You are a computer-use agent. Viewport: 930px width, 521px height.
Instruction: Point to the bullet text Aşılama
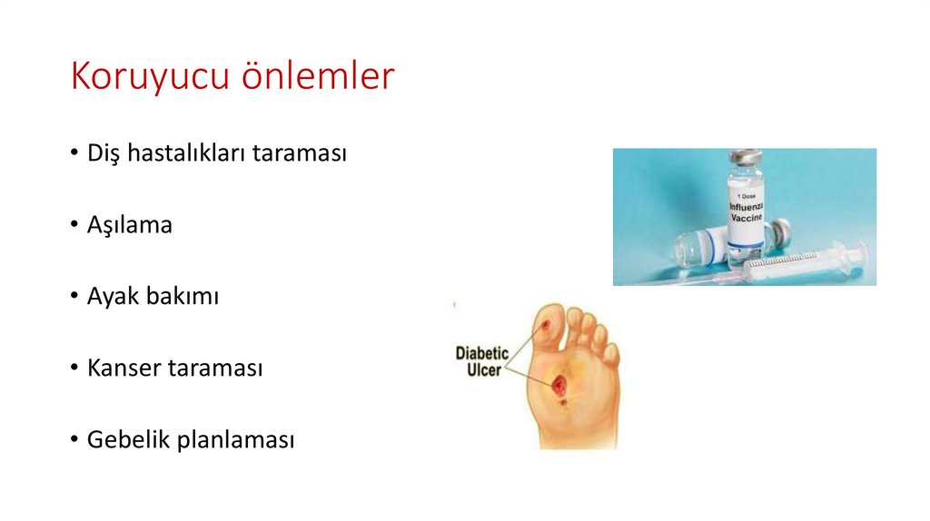coord(129,225)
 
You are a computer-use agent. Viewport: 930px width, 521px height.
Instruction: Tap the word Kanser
coord(119,369)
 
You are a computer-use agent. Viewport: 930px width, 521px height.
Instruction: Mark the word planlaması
coord(236,441)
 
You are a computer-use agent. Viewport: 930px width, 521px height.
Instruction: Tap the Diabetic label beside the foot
coord(482,352)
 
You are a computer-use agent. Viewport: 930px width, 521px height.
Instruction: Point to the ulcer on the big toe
coord(545,323)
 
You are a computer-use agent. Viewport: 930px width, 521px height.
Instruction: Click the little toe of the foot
coord(611,352)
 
